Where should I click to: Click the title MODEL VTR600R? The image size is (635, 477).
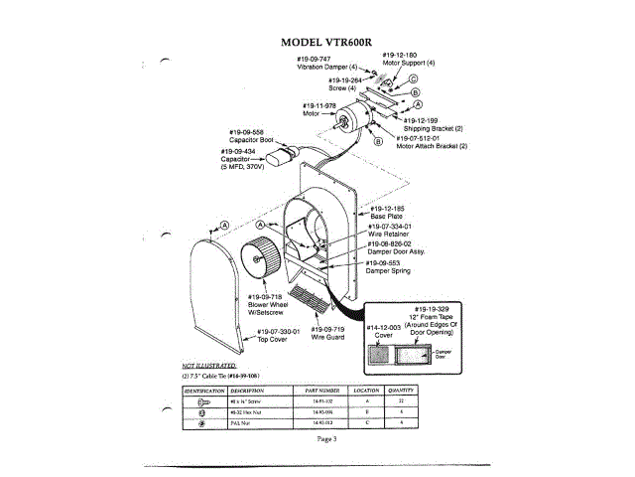pyautogui.click(x=326, y=43)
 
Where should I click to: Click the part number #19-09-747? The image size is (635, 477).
pyautogui.click(x=314, y=59)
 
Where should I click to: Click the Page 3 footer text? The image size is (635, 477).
pyautogui.click(x=327, y=438)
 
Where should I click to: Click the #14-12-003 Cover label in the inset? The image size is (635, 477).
pyautogui.click(x=383, y=330)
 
